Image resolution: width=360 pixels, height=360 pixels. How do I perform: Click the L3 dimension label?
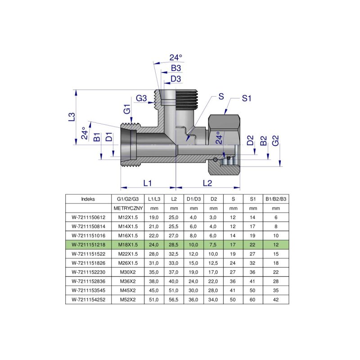71,117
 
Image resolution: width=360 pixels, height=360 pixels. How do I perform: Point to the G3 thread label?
142,98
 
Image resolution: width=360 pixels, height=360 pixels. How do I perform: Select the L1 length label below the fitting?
147,183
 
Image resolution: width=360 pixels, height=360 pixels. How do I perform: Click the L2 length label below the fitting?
207,183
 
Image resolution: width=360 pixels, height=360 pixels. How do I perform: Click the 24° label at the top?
176,58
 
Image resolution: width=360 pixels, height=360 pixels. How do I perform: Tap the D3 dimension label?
176,79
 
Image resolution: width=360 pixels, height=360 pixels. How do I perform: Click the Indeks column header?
88,198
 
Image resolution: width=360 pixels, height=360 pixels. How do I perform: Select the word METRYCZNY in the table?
128,208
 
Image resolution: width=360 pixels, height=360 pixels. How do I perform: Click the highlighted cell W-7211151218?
88,245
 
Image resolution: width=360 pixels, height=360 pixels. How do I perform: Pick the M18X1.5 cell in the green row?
128,245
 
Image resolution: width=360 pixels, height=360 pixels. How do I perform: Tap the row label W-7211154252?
88,299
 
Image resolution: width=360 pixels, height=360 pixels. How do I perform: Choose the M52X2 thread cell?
128,299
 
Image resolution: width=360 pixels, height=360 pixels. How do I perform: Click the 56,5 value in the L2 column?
174,299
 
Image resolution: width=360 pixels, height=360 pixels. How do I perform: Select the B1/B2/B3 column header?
275,198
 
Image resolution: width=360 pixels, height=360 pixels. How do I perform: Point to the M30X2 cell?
128,272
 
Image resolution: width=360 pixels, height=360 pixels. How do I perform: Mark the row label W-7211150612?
88,217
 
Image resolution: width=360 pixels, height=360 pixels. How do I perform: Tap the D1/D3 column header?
193,198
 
